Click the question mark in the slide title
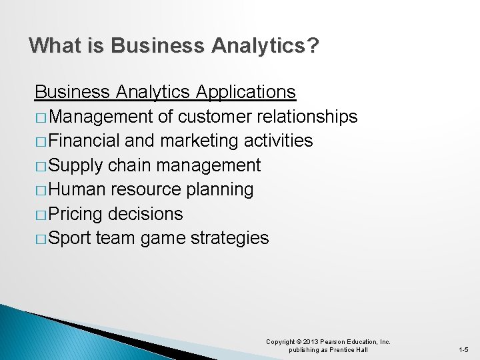(x=313, y=46)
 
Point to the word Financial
(x=83, y=141)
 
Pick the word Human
(x=77, y=189)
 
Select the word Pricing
(x=75, y=214)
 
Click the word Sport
(x=70, y=238)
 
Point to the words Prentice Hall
(x=347, y=350)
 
